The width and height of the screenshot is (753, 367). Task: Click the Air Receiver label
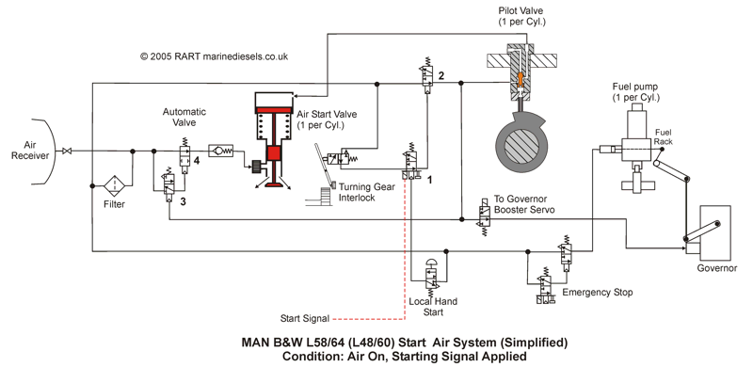(x=31, y=150)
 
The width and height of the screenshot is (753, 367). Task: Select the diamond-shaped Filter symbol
(x=115, y=186)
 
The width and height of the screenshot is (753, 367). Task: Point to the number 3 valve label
(x=183, y=201)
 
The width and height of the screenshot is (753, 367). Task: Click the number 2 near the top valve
(x=441, y=75)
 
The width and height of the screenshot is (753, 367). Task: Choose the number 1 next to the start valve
(x=430, y=180)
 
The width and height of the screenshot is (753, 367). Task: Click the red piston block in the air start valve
(x=274, y=153)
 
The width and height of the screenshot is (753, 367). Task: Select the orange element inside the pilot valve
(x=520, y=79)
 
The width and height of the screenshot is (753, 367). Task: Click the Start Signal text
(x=305, y=318)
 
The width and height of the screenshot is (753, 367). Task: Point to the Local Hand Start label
(x=433, y=307)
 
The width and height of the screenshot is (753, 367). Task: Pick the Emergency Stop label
(x=598, y=292)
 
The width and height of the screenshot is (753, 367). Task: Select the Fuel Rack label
(x=663, y=136)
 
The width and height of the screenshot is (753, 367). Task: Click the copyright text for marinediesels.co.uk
(x=215, y=56)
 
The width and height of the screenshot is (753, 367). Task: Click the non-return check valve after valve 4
(x=220, y=151)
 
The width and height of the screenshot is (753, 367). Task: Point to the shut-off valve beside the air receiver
(x=67, y=152)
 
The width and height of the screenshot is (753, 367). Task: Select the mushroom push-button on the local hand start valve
(x=431, y=263)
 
